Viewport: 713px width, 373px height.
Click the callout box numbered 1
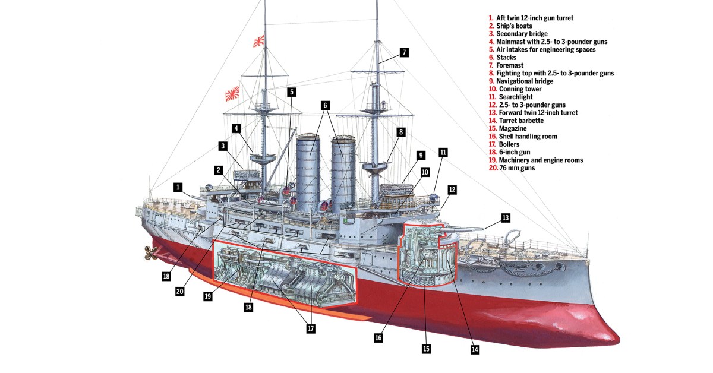[x=178, y=186]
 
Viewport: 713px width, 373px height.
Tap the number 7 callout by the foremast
[x=404, y=52]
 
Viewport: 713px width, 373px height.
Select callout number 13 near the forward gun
[x=506, y=218]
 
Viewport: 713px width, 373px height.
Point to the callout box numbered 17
[x=310, y=328]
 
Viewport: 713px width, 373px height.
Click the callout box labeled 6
[x=325, y=105]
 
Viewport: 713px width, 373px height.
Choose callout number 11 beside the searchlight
[x=443, y=152]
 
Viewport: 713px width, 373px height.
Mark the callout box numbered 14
[x=474, y=349]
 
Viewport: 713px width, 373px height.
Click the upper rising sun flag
[x=258, y=40]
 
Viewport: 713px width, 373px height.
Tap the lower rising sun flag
[x=232, y=93]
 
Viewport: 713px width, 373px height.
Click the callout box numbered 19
[x=207, y=296]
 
